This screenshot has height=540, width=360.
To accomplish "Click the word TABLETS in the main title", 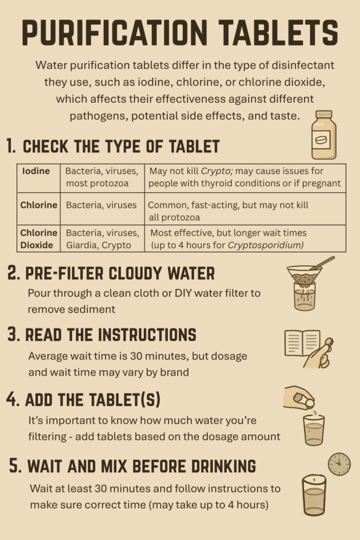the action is click(278, 33).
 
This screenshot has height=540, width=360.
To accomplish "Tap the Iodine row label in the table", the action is click(36, 171).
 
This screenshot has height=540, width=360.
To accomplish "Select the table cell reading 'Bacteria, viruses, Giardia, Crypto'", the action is click(102, 239).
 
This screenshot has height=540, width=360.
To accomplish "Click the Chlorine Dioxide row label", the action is click(38, 239).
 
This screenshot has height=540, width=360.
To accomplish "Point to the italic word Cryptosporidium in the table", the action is click(266, 245).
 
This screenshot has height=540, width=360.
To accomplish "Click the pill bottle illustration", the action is click(324, 134).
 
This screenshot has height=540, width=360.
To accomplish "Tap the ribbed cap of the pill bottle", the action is click(324, 114).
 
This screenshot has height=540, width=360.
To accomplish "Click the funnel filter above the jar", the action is click(305, 274).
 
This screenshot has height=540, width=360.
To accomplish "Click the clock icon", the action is click(339, 464).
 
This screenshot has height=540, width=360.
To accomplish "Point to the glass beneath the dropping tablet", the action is click(314, 430).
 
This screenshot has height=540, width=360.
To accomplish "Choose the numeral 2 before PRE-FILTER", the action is click(13, 274).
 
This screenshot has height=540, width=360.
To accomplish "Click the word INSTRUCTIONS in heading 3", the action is click(147, 335).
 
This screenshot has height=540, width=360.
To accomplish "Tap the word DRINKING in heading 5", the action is click(223, 466).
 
